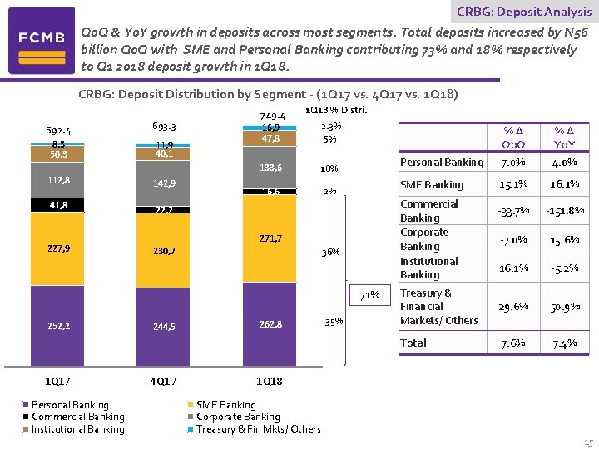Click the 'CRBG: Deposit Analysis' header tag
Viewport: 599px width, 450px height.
[x=523, y=12]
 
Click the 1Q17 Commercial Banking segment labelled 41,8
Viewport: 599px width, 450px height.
[x=58, y=205]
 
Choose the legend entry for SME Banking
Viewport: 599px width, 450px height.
[x=226, y=404]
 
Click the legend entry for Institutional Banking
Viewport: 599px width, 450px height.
[x=77, y=429]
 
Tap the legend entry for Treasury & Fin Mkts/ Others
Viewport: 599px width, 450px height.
[x=258, y=429]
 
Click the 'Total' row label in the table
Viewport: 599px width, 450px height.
[x=413, y=342]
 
